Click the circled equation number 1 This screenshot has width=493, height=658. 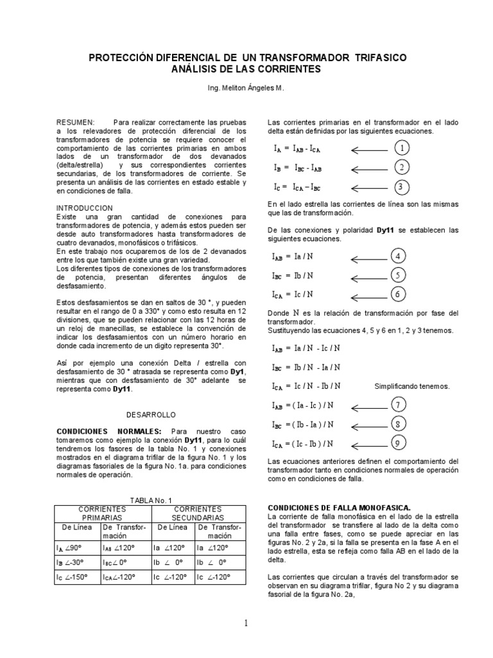pos(401,148)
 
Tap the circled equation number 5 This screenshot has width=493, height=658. pos(399,276)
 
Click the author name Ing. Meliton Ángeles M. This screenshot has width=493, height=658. pos(246,88)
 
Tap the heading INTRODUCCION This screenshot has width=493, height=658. pos(85,208)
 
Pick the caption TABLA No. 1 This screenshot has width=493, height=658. pos(151,500)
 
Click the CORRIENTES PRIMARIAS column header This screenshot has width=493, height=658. pos(102,513)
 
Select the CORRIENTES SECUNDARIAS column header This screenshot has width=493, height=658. pos(198,513)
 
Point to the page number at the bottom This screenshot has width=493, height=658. pos(246,623)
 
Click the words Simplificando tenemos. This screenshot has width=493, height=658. pos(412,386)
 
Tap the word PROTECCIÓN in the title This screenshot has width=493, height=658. pos(123,58)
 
